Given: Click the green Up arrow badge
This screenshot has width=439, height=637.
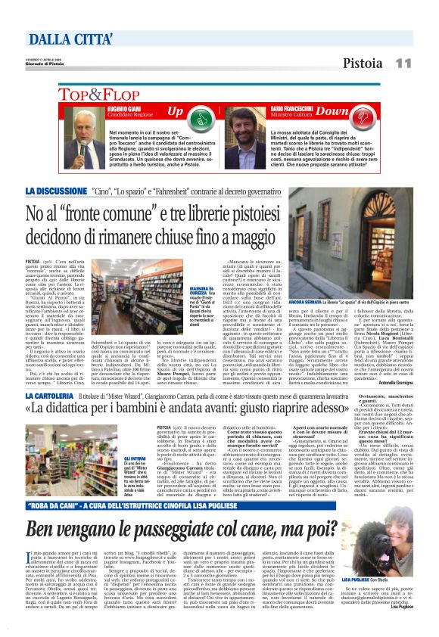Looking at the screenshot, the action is click(176, 113).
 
